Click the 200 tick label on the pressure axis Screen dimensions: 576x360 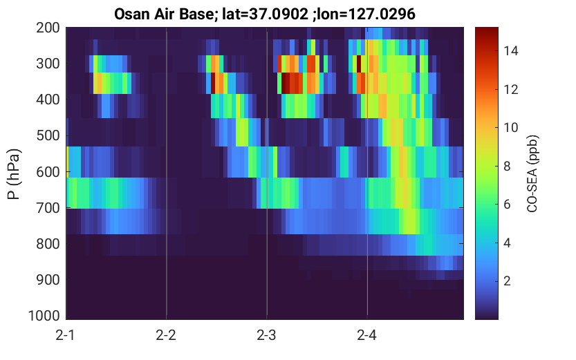tap(48, 28)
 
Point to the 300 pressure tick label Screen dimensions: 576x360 tap(48, 64)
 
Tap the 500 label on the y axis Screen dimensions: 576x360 tap(48, 136)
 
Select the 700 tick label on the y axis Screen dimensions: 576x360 tap(48, 208)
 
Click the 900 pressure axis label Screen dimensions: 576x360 tap(48, 280)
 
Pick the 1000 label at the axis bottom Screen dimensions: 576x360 tap(44, 316)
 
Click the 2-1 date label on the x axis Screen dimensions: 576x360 tap(66, 335)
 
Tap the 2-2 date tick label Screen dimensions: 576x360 tap(166, 335)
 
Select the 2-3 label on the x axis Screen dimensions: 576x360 tap(266, 335)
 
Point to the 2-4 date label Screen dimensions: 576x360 tap(366, 335)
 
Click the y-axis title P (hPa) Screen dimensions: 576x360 tap(14, 174)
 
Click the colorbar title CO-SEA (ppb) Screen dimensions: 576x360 tap(532, 174)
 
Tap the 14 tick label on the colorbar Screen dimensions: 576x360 tap(511, 50)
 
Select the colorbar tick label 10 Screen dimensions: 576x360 tap(511, 128)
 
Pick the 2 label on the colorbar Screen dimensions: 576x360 tap(507, 281)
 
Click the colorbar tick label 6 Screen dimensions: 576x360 tap(507, 205)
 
